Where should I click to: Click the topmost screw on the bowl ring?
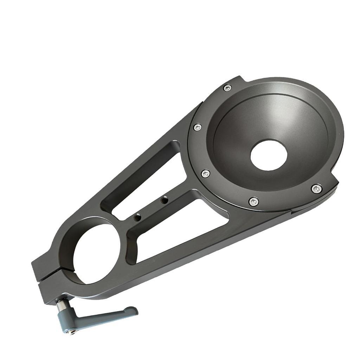click(x=228, y=88)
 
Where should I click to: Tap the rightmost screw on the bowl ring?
click(x=316, y=189)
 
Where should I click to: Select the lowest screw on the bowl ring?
click(x=253, y=201)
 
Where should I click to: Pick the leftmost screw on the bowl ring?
click(x=198, y=127)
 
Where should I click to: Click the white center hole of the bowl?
click(x=269, y=155)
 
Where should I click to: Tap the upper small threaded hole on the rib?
click(x=163, y=200)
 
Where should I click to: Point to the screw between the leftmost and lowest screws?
click(x=206, y=173)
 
